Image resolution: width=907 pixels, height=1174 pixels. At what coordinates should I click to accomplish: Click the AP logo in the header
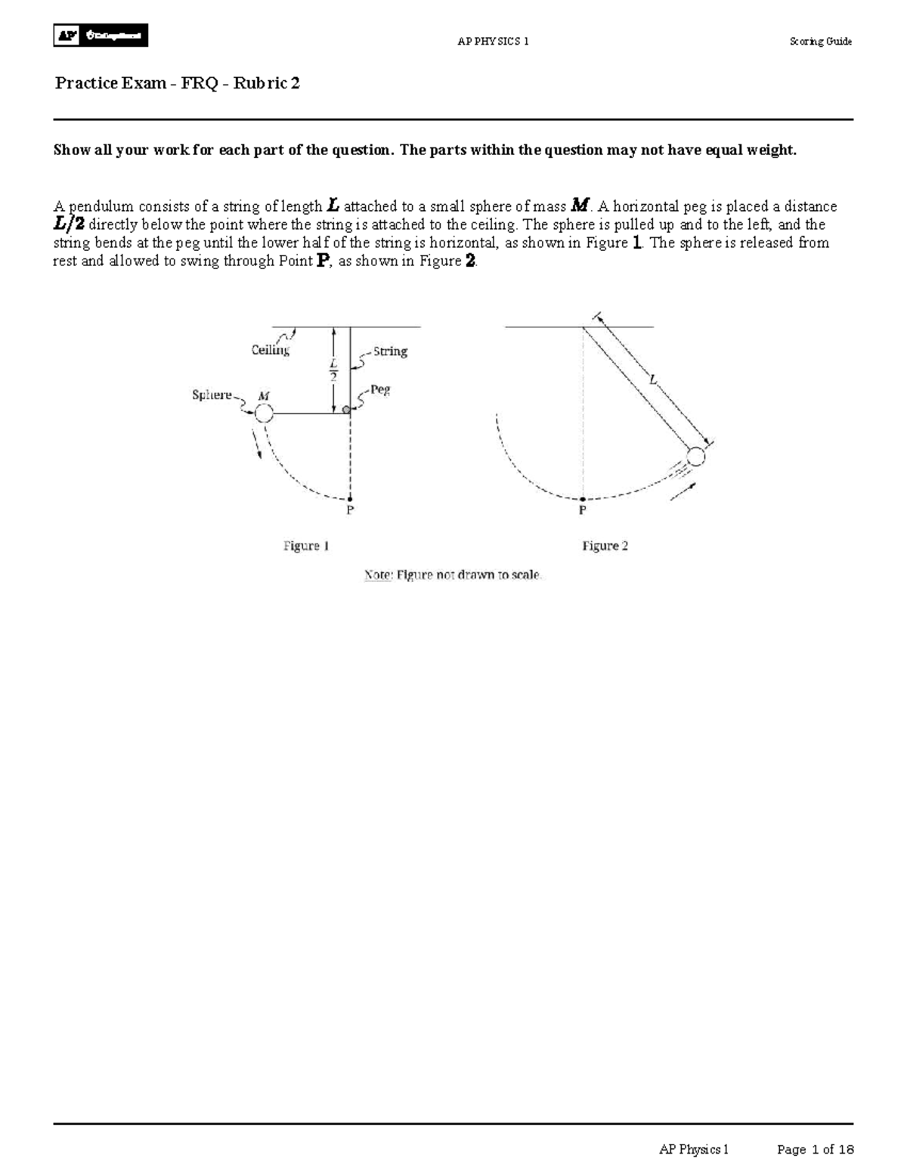pos(101,36)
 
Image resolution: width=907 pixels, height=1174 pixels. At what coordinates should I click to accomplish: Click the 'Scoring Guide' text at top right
pos(820,42)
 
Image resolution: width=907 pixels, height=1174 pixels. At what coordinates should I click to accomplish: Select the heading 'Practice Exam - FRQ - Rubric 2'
pos(178,83)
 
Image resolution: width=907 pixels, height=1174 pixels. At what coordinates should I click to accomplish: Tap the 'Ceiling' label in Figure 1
pos(270,350)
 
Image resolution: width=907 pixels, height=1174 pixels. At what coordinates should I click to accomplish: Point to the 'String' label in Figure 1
pos(390,352)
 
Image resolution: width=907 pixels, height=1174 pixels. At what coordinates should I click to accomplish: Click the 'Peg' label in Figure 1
pos(380,390)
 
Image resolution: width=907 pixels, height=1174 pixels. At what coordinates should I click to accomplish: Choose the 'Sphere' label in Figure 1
pos(212,395)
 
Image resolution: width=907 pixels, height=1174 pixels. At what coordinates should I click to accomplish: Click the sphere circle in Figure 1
pos(263,414)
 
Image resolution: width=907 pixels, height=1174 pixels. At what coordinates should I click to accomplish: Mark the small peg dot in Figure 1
pos(347,410)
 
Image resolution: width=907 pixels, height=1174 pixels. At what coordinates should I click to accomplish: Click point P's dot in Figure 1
pos(350,498)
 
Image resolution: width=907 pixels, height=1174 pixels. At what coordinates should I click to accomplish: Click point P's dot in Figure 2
pos(583,499)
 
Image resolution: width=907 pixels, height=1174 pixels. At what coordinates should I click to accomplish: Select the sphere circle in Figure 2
pos(695,457)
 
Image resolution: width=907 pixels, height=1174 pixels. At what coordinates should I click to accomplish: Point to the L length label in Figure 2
pos(655,381)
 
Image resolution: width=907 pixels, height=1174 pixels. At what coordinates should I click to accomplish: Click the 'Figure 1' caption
pos(306,546)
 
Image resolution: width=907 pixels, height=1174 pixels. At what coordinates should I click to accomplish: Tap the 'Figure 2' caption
pos(605,546)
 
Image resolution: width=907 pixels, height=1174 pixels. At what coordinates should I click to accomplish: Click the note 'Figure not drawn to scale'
pos(453,575)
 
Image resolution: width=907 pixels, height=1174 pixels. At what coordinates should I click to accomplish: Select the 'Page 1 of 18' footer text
pos(816,1150)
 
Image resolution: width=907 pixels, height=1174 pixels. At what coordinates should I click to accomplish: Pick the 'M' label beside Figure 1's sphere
pos(263,395)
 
